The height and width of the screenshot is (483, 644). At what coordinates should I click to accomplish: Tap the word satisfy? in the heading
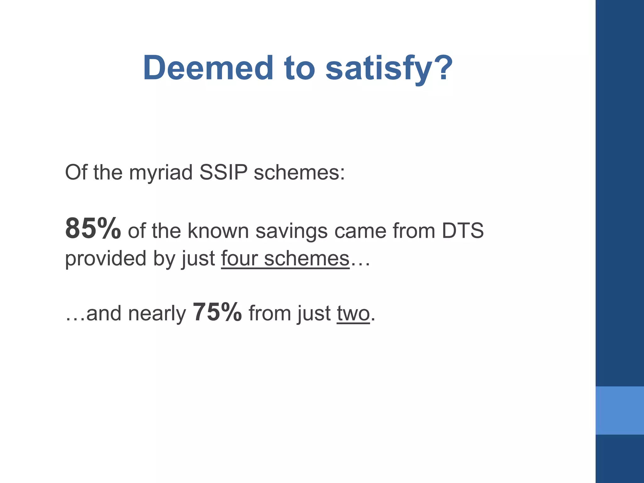(389, 68)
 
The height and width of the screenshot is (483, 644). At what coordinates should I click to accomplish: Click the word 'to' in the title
(299, 68)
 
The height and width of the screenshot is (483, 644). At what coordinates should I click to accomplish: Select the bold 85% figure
(93, 229)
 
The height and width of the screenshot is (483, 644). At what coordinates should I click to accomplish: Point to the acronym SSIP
(223, 172)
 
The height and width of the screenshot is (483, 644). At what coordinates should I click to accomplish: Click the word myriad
(161, 173)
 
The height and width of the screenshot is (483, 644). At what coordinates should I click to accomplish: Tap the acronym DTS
(463, 231)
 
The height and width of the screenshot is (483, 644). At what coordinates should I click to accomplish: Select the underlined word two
(353, 314)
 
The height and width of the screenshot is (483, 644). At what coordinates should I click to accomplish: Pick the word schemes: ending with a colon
(299, 172)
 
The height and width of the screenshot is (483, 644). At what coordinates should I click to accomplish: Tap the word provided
(106, 258)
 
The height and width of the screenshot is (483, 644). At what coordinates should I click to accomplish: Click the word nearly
(157, 314)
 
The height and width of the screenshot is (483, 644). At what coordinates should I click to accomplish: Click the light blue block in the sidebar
(619, 410)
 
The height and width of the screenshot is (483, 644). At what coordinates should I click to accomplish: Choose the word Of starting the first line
(76, 172)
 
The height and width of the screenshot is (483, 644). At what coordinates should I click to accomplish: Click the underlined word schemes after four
(307, 258)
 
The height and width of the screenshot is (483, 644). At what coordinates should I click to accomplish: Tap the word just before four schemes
(198, 259)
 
